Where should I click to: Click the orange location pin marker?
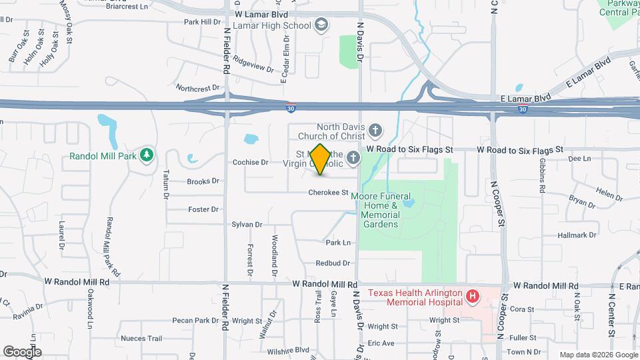[x=320, y=159]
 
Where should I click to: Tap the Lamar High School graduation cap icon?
[x=322, y=25]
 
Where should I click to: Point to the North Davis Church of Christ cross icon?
[x=375, y=130]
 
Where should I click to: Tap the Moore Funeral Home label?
[x=380, y=210]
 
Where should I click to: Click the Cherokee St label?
[x=329, y=193]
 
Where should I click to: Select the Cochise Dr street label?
[x=250, y=162]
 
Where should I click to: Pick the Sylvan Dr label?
[x=247, y=225]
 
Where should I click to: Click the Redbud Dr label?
[x=333, y=263]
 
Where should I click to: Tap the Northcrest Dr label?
[x=197, y=88]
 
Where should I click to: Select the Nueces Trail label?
[x=141, y=339]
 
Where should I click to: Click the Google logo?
[x=22, y=351]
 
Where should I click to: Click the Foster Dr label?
[x=203, y=209]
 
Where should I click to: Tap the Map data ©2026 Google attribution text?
[x=597, y=355]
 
